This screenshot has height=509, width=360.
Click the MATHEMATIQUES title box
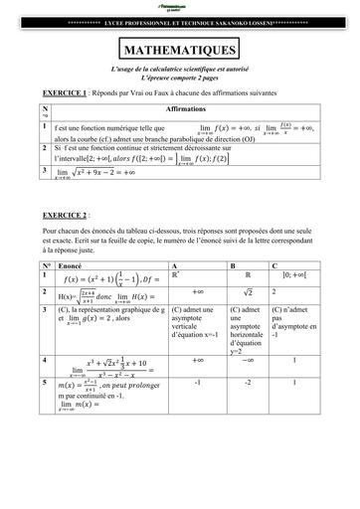179,49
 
